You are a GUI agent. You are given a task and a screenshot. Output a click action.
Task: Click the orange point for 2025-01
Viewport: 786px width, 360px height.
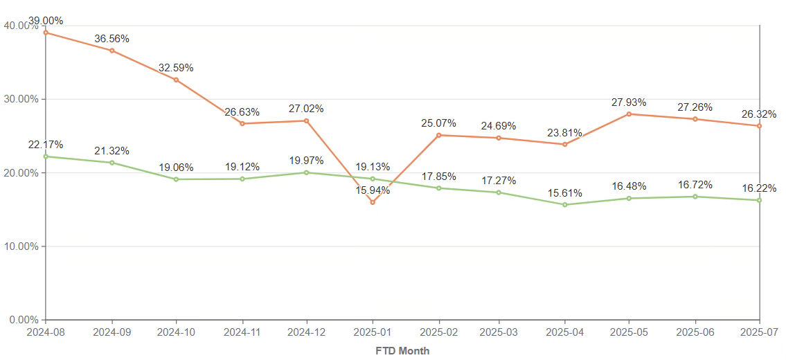373,202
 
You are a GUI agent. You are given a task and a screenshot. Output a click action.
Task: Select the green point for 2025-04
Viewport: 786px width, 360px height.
565,205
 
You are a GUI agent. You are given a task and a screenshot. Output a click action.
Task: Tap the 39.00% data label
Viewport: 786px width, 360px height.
46,21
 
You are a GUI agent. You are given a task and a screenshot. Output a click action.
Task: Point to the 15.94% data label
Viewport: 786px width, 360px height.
373,190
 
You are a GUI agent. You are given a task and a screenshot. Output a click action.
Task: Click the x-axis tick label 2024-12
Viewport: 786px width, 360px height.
307,332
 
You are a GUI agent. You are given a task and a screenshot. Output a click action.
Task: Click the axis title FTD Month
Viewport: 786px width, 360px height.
402,351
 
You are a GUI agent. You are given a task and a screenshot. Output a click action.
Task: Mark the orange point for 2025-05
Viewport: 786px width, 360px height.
629,114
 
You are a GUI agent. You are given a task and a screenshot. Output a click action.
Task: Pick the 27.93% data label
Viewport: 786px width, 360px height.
629,102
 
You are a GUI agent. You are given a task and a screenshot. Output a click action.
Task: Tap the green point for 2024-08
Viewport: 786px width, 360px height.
46,156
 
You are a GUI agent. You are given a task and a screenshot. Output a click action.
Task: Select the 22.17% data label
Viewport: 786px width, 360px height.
46,145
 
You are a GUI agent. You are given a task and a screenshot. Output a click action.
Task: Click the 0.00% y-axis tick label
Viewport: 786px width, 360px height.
23,320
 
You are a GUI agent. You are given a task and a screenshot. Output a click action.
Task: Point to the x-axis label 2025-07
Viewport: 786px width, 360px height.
760,332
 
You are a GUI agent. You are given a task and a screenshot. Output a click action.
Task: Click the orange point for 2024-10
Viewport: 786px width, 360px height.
176,80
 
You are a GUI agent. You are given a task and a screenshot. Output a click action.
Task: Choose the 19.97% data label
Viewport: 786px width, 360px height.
307,161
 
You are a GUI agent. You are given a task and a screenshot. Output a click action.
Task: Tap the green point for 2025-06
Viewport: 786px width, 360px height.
695,197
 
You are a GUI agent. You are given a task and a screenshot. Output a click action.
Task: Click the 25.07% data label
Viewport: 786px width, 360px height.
438,123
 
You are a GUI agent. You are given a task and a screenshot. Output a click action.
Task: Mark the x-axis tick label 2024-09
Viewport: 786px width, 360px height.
111,332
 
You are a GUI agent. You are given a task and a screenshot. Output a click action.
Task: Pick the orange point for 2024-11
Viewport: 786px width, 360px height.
242,123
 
